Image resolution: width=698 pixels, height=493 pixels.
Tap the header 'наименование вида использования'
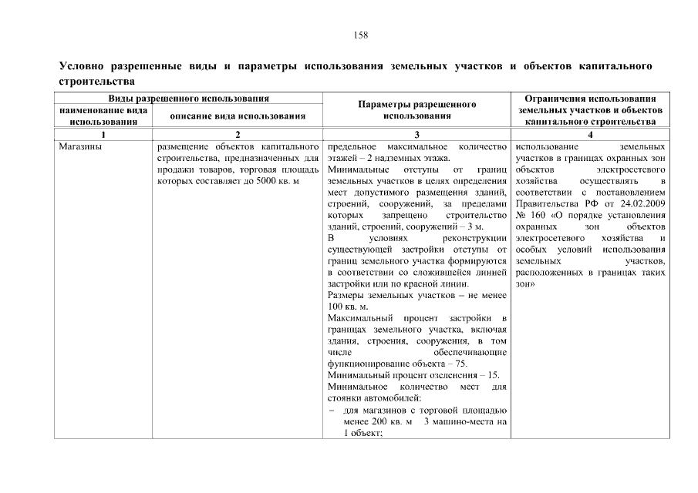point(104,116)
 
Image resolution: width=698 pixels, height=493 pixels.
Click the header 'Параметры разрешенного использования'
point(416,109)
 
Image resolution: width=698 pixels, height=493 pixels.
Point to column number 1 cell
point(104,135)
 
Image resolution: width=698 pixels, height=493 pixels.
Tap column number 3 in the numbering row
point(416,135)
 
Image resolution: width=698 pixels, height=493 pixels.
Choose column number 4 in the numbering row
point(590,135)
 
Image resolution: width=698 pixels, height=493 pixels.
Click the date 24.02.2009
point(644,203)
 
